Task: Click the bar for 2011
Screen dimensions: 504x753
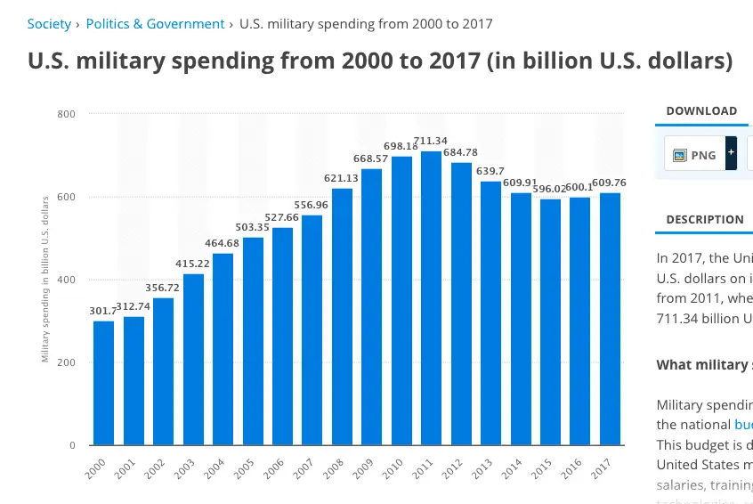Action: pyautogui.click(x=432, y=298)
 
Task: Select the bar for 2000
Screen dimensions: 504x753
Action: pyautogui.click(x=104, y=383)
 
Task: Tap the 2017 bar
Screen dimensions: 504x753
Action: pyautogui.click(x=610, y=319)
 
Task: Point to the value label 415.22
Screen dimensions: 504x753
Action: pyautogui.click(x=195, y=264)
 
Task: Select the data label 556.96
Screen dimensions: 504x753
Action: pyautogui.click(x=313, y=205)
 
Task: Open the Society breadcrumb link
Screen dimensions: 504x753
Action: pyautogui.click(x=49, y=24)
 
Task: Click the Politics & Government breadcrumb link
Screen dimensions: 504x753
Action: pyautogui.click(x=155, y=24)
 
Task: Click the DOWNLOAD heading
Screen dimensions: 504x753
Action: pyautogui.click(x=701, y=111)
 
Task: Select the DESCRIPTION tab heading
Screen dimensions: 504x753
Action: pyautogui.click(x=705, y=220)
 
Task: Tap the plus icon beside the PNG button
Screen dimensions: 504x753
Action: pyautogui.click(x=731, y=153)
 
